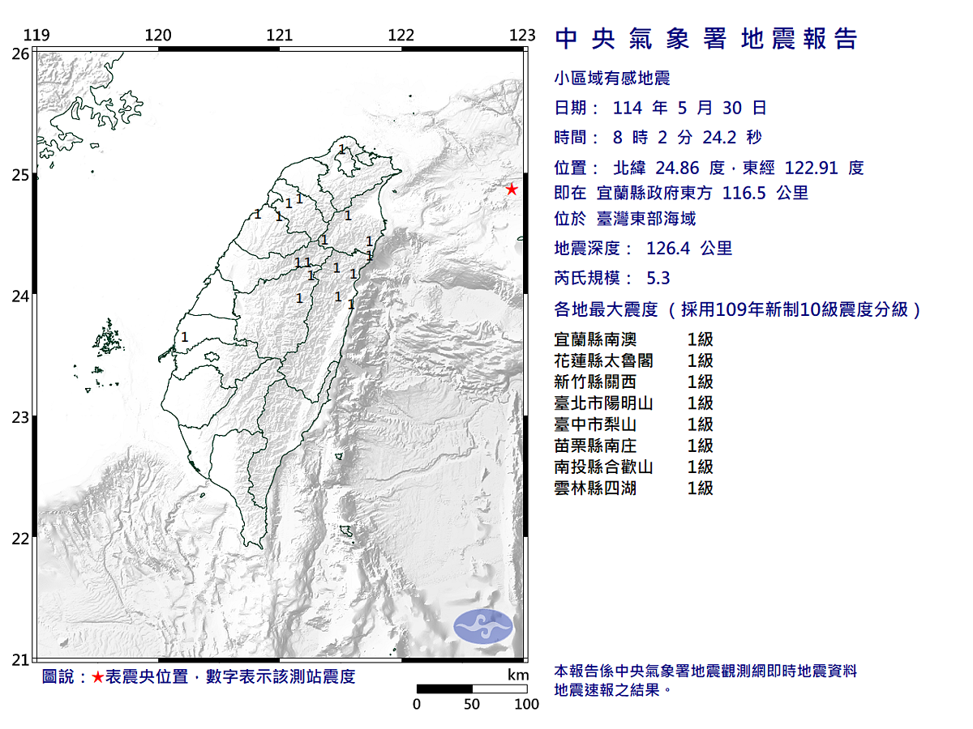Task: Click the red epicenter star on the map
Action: [512, 190]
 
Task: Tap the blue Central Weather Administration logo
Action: [483, 626]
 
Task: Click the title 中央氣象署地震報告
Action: [705, 39]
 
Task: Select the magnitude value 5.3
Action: [658, 278]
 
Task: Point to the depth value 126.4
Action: [668, 249]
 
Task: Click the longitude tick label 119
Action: [36, 35]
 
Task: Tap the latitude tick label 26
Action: [21, 53]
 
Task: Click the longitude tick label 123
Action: [523, 35]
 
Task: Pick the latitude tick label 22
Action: [21, 539]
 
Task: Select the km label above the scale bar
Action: [518, 675]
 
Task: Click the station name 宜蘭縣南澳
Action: [594, 339]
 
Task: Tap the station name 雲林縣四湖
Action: [594, 488]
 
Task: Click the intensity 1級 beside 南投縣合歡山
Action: [700, 467]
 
